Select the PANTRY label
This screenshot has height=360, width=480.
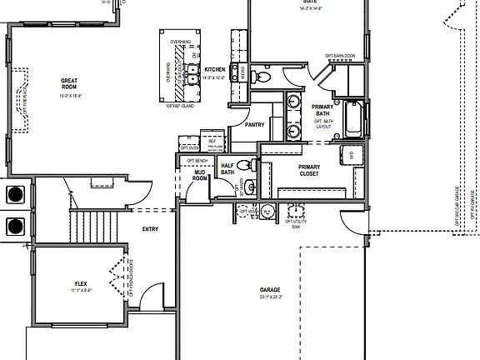[254, 124]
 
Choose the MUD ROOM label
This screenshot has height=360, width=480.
[200, 175]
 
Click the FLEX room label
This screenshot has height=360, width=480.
[81, 284]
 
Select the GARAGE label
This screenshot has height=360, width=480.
[270, 289]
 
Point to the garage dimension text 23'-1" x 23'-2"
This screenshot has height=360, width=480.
[270, 297]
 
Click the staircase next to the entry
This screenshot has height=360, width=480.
[93, 222]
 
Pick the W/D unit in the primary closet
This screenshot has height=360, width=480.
[350, 155]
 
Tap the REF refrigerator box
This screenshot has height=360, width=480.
[212, 142]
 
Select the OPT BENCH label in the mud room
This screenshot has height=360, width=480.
[197, 160]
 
